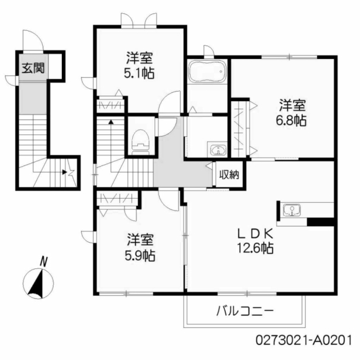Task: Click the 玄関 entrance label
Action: tap(33, 68)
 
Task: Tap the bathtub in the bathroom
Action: tap(207, 71)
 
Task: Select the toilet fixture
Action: tap(140, 142)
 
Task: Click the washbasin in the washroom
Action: tap(217, 149)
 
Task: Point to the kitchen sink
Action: tap(292, 210)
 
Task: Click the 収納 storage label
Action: tap(229, 175)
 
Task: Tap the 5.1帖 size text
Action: tap(139, 73)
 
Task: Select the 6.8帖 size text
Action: tap(291, 120)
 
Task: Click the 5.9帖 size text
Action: tap(140, 255)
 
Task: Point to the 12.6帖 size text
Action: tap(255, 248)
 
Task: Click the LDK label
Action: tap(255, 234)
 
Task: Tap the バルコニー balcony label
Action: tap(245, 312)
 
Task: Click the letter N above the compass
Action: tap(43, 262)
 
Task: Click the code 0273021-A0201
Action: tap(303, 340)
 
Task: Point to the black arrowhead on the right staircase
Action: tap(111, 122)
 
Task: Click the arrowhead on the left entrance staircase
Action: tap(65, 172)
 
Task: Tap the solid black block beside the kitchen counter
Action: tap(320, 222)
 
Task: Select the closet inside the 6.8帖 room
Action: tap(239, 129)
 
